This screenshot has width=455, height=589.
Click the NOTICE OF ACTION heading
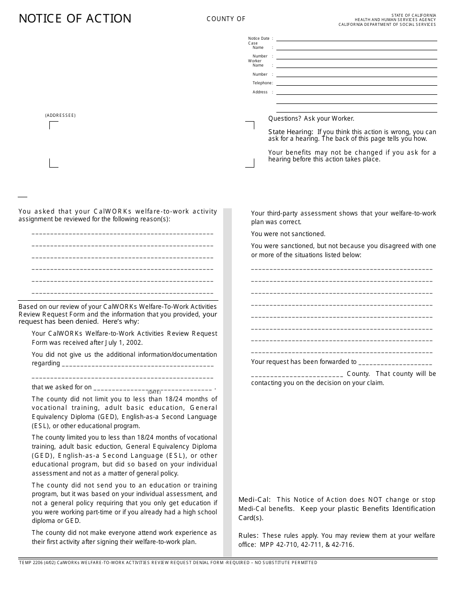click(x=75, y=19)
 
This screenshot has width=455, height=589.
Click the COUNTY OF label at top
click(x=226, y=19)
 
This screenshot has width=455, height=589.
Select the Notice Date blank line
click(x=356, y=39)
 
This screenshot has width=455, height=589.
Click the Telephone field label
click(x=262, y=83)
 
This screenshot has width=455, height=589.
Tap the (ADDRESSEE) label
click(x=60, y=115)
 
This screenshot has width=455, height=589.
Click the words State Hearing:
click(x=291, y=132)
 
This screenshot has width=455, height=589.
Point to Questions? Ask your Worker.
click(x=311, y=119)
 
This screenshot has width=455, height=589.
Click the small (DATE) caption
click(x=154, y=392)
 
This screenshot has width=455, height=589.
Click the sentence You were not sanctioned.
click(x=288, y=234)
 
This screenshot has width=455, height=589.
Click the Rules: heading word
click(x=248, y=536)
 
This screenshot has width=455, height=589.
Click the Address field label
click(x=260, y=92)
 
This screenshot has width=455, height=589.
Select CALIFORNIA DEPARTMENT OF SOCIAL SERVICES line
click(x=387, y=24)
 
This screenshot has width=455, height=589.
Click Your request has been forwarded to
click(x=304, y=362)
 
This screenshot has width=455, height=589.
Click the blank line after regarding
click(x=138, y=363)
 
